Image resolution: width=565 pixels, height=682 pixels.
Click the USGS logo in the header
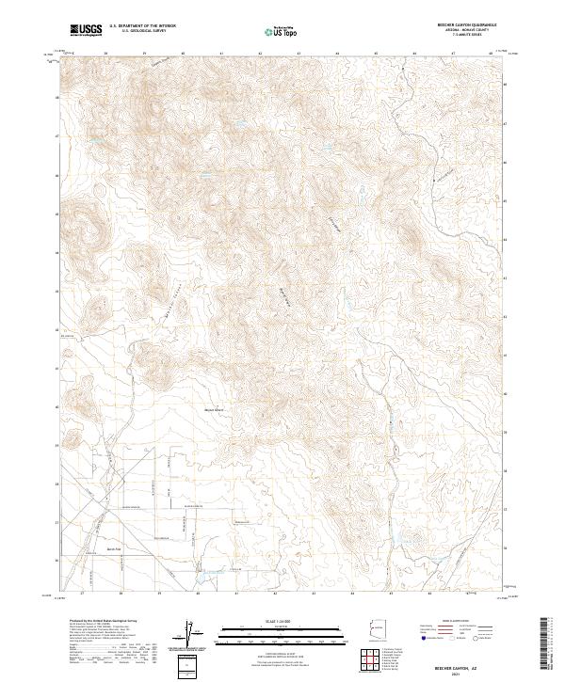pos(86,29)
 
